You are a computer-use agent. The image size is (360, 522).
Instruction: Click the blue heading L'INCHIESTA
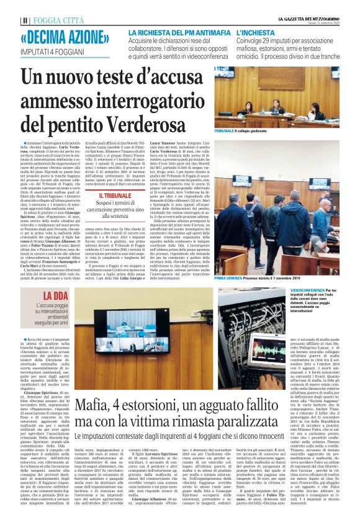click(x=255, y=31)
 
